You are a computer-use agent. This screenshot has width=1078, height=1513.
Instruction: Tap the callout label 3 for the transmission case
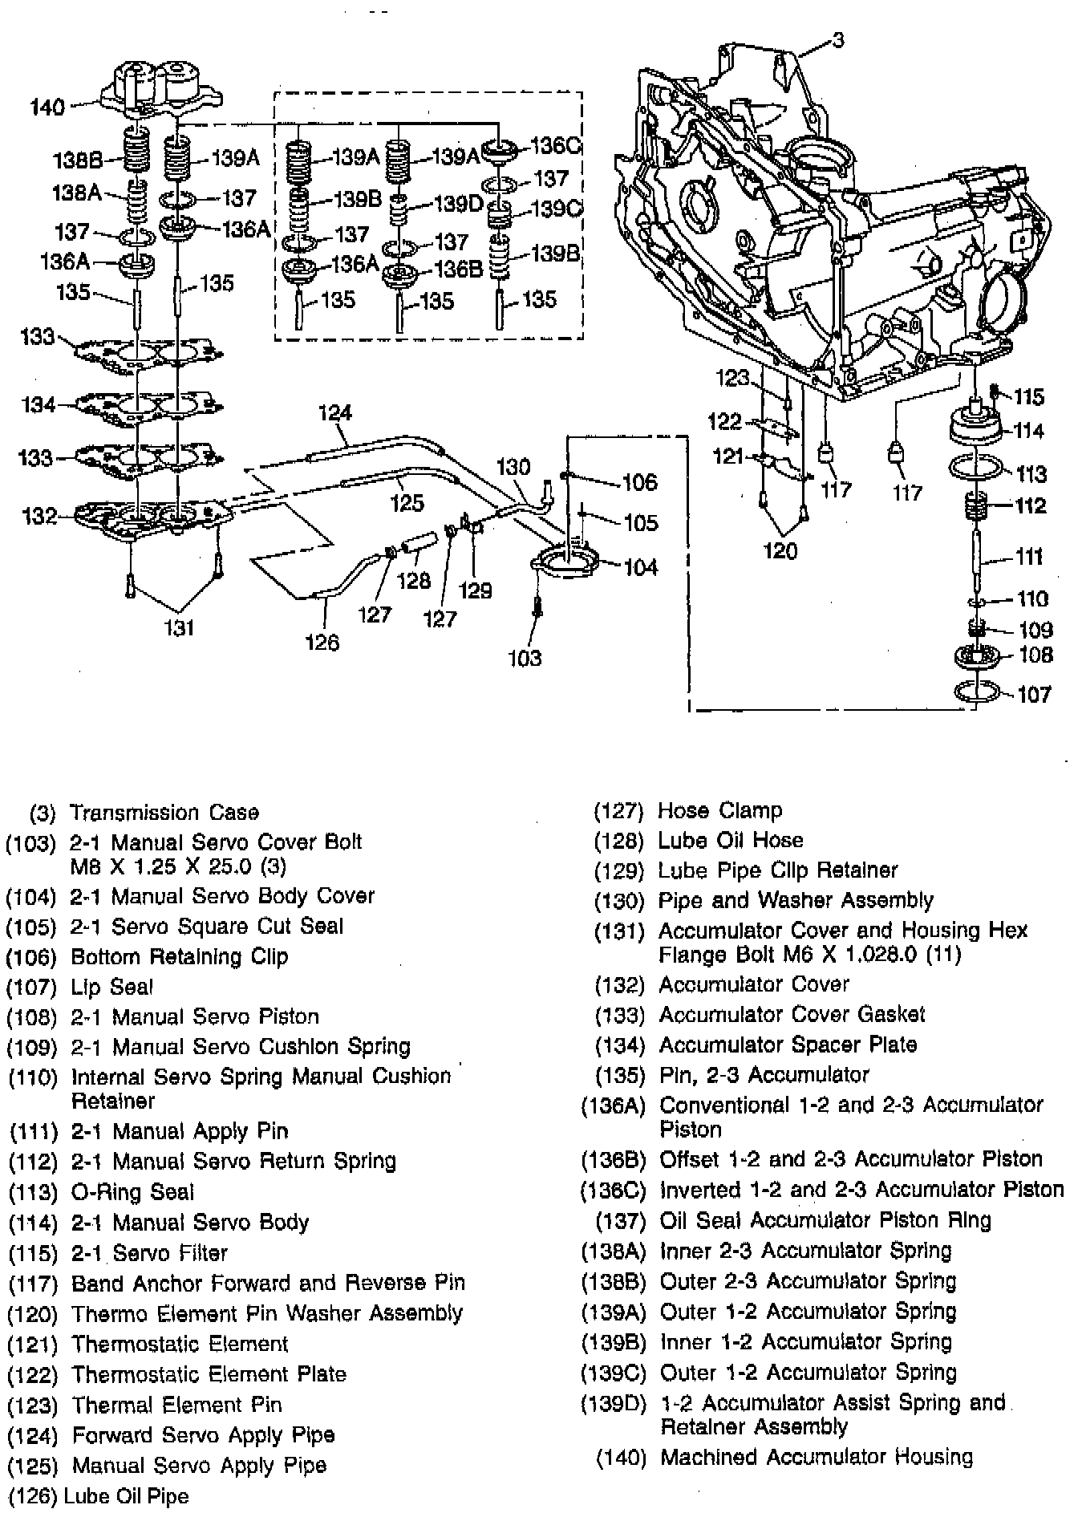click(x=837, y=39)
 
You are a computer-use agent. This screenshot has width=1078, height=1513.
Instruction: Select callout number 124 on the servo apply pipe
click(x=335, y=412)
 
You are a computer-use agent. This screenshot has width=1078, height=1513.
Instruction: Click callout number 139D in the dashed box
click(x=458, y=204)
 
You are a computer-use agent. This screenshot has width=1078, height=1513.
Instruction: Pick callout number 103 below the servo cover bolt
click(x=525, y=658)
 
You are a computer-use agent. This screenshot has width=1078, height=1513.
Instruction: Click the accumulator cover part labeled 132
click(x=152, y=517)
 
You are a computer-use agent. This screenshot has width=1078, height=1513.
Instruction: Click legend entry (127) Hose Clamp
click(x=687, y=810)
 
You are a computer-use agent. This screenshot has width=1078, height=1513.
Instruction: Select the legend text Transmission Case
click(x=164, y=813)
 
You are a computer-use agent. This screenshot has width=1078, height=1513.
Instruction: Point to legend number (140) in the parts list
click(x=621, y=1458)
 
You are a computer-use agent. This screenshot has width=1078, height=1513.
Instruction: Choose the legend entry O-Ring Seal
click(x=132, y=1192)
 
